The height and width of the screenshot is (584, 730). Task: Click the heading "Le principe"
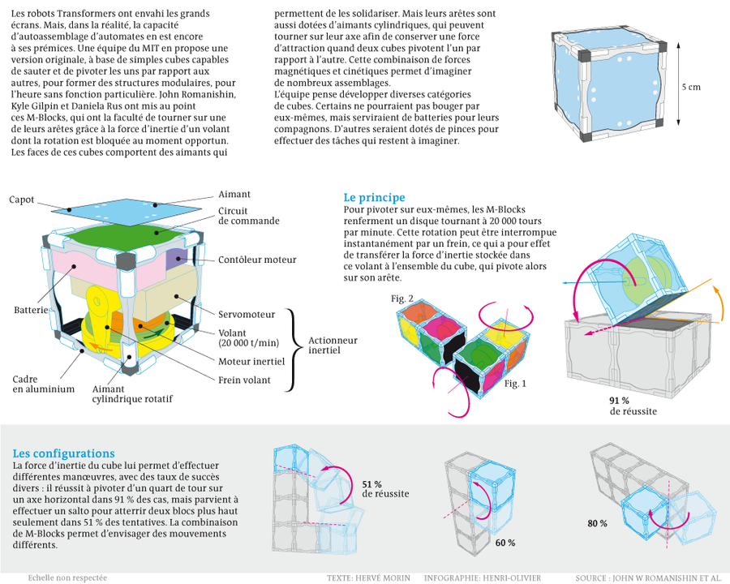pyautogui.click(x=374, y=198)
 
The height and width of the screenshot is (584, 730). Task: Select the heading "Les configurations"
pyautogui.click(x=63, y=453)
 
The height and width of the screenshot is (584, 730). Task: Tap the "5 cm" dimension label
pyautogui.click(x=690, y=87)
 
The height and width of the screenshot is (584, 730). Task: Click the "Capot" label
pyautogui.click(x=22, y=200)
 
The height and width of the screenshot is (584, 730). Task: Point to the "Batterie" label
pyautogui.click(x=30, y=311)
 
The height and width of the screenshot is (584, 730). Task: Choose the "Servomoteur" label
pyautogui.click(x=247, y=314)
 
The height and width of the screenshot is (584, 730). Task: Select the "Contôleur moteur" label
pyautogui.click(x=257, y=260)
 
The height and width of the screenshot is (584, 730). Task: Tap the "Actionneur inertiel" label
pyautogui.click(x=333, y=346)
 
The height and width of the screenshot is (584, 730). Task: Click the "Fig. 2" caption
pyautogui.click(x=402, y=299)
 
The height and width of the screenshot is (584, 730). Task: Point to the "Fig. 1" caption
pyautogui.click(x=514, y=384)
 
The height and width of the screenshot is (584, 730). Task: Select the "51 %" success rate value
pyautogui.click(x=372, y=483)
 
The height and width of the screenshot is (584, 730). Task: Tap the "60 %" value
pyautogui.click(x=505, y=542)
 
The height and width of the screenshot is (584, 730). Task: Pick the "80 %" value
pyautogui.click(x=597, y=523)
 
